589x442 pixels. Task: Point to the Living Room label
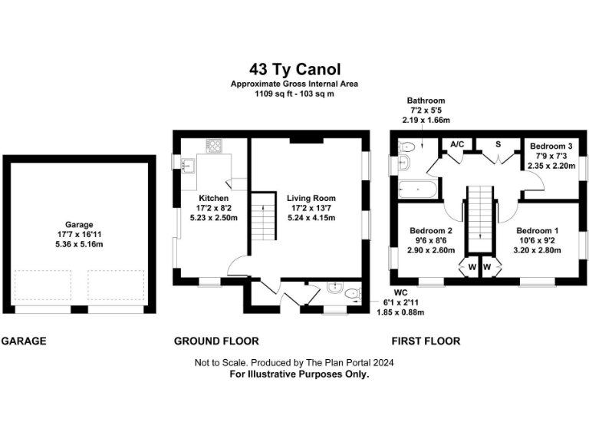311,198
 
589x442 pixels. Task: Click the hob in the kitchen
212,146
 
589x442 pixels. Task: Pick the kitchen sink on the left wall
186,162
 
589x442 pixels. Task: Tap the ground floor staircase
264,216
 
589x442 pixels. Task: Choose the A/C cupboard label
457,144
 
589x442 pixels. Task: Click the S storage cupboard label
498,144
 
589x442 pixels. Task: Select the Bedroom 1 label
538,231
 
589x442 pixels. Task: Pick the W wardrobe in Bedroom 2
469,267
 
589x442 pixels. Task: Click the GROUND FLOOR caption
216,341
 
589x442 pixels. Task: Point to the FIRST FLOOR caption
426,341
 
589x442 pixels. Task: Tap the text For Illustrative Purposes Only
294,374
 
